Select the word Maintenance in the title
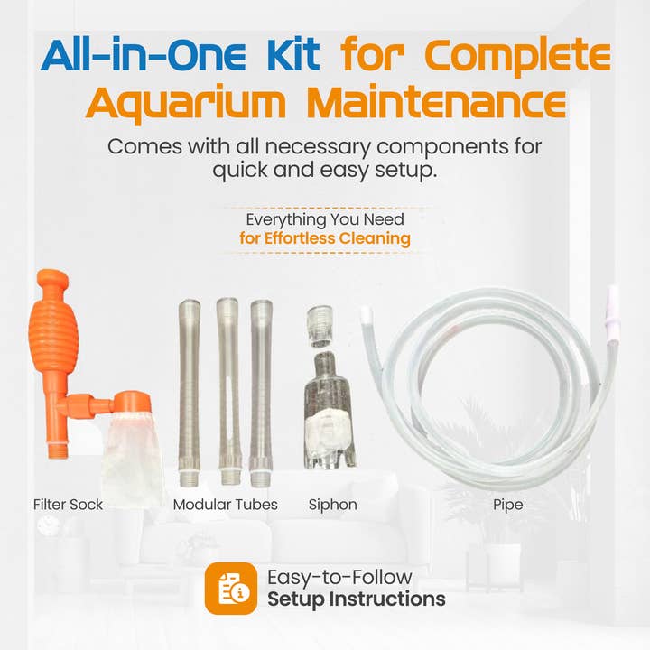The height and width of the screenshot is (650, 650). pos(437,102)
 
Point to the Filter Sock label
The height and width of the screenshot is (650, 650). pos(68,505)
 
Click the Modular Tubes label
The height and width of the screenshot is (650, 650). pos(226,505)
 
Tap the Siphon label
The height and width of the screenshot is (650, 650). pos(332,505)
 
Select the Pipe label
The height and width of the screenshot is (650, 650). pos(507,505)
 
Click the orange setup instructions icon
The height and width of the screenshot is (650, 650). pos(230,588)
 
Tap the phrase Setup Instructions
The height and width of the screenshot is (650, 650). pos(356,599)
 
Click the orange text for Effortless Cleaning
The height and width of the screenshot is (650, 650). pos(325,238)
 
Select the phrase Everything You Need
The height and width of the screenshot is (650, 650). pos(325,218)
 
